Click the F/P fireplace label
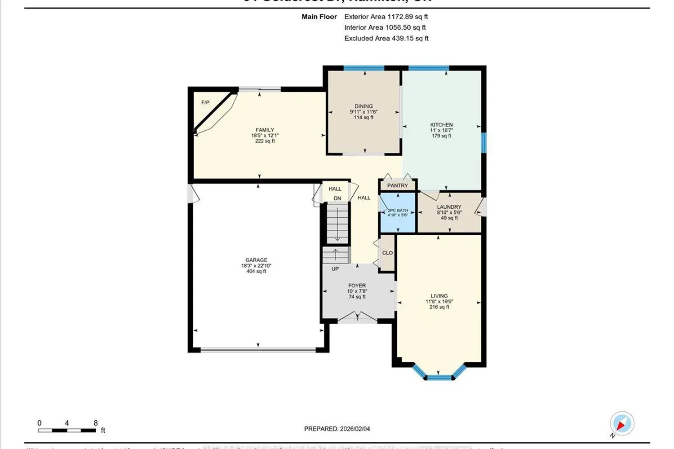point(205,103)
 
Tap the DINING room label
point(364,106)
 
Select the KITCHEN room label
point(441,125)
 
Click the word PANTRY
point(398,185)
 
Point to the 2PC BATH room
point(398,212)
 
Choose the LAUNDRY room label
point(449,207)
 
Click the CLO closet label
point(387,253)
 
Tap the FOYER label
point(357,286)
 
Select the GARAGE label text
point(256,260)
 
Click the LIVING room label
point(439,296)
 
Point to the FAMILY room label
point(265,130)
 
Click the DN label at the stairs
point(337,198)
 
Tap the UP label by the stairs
point(335,269)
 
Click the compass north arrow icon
point(622,423)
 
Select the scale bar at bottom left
point(67,430)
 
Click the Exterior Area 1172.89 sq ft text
point(386,17)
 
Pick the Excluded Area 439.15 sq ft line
point(386,39)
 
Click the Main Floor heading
point(319,17)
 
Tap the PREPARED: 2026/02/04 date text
point(337,429)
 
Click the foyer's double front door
point(357,318)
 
